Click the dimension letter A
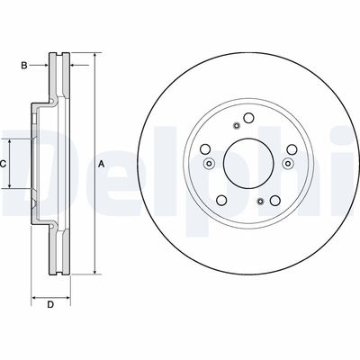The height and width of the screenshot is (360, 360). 102,164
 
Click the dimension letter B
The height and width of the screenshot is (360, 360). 25,65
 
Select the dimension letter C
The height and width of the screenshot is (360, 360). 4,164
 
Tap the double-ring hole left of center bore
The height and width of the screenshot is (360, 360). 207,164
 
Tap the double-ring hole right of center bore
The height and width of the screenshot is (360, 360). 289,164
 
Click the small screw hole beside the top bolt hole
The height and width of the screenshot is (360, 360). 234,125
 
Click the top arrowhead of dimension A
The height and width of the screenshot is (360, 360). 93,57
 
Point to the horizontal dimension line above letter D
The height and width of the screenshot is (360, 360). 51,296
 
